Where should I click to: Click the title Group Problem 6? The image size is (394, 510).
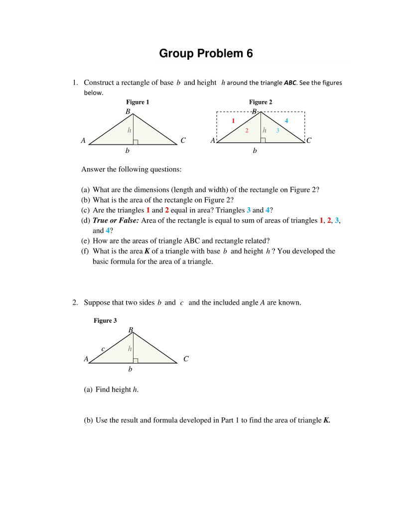(x=206, y=53)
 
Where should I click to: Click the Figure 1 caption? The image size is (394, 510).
(x=137, y=102)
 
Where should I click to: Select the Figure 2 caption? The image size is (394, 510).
(x=261, y=102)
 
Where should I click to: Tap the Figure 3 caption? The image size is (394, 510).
(x=105, y=321)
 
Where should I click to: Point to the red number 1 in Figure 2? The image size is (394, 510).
(x=233, y=121)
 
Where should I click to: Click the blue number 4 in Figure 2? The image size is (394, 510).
(x=286, y=121)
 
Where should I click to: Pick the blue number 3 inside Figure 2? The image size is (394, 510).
(x=278, y=130)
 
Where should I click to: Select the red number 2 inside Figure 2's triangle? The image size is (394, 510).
(x=247, y=130)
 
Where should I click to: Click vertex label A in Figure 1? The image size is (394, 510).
(x=83, y=140)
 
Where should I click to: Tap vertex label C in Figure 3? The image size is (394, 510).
(x=186, y=359)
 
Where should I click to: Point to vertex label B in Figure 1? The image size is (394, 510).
(x=128, y=112)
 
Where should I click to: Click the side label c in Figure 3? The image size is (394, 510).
(x=103, y=349)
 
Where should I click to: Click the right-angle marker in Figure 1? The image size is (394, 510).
(x=135, y=142)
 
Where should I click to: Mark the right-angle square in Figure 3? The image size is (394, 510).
(x=135, y=361)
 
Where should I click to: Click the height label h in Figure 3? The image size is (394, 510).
(x=130, y=349)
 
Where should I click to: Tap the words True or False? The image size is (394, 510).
(x=116, y=221)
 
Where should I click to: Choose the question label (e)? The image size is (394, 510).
(x=86, y=241)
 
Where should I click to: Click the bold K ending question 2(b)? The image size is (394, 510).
(x=326, y=420)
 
